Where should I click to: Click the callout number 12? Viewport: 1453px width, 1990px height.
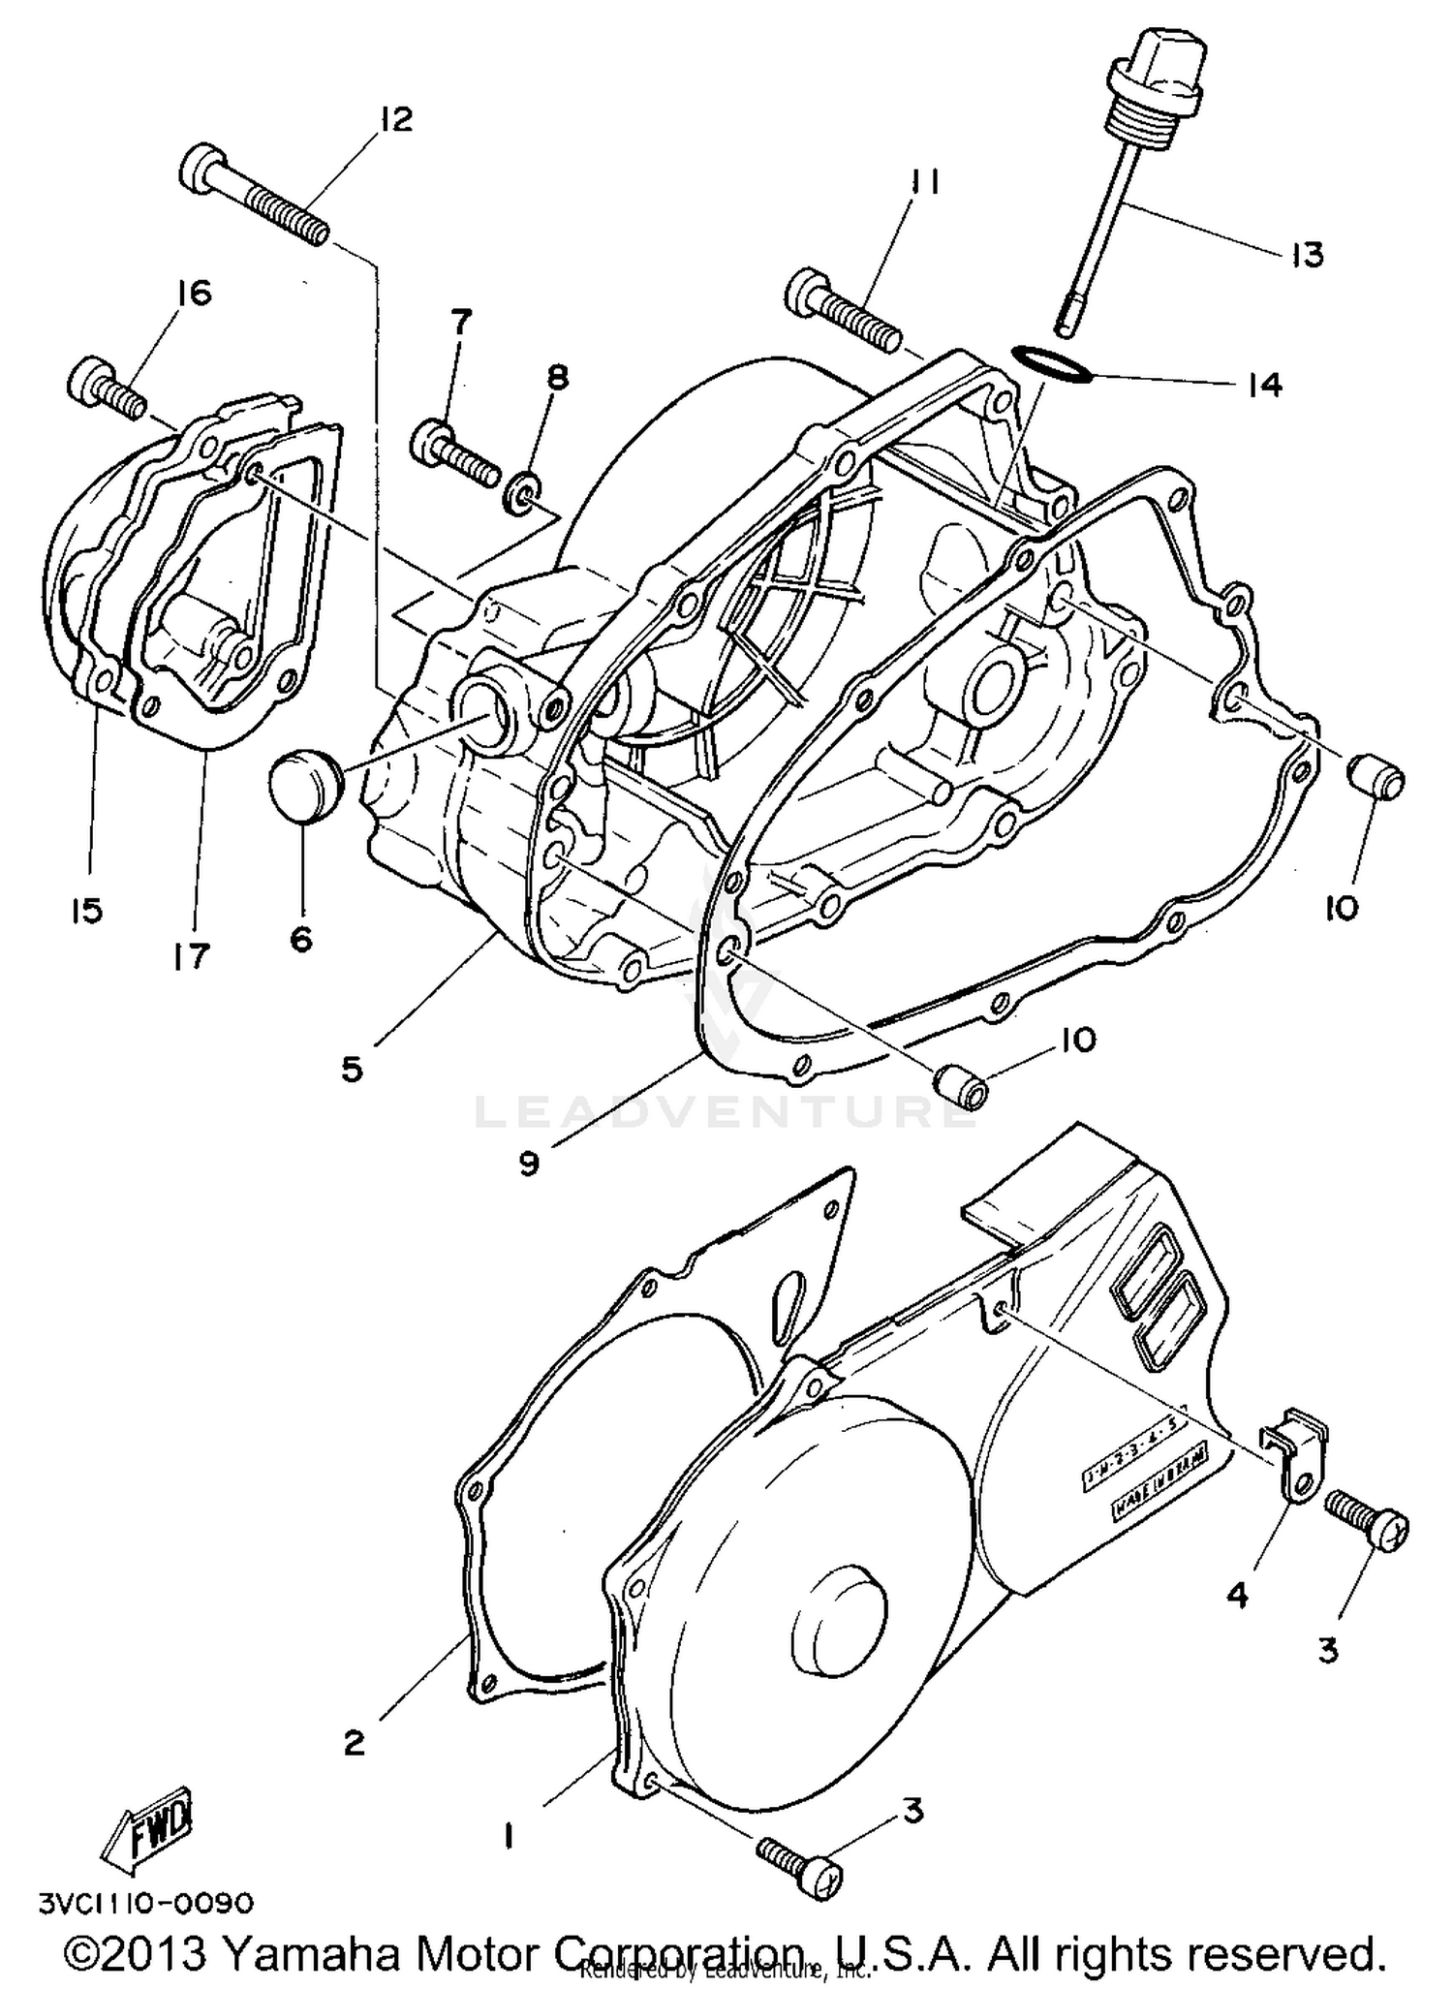395,119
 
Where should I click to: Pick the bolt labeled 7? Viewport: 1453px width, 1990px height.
454,453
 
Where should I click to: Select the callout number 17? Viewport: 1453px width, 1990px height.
193,956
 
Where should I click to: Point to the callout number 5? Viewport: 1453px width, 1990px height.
351,1070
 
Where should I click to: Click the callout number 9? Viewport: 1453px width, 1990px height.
528,1162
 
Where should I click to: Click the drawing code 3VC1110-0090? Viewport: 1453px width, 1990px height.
146,1903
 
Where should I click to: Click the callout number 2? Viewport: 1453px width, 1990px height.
354,1743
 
